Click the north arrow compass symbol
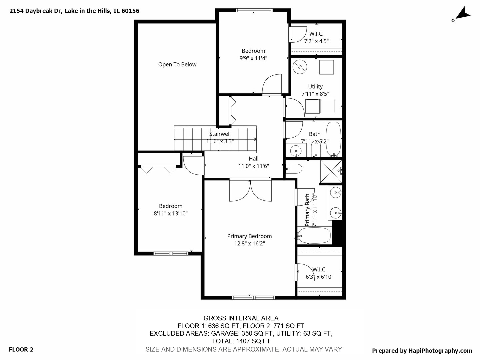click(x=462, y=14)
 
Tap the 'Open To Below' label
click(x=177, y=64)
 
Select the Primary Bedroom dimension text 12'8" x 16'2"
click(x=249, y=244)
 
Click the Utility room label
click(x=315, y=86)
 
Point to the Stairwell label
click(x=220, y=134)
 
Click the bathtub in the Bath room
click(x=333, y=139)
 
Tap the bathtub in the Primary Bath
click(x=314, y=236)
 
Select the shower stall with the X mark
click(x=331, y=171)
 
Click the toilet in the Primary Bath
click(x=294, y=169)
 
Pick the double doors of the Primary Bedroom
click(x=250, y=191)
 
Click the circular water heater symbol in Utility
click(x=300, y=67)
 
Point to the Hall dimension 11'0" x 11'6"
click(x=253, y=166)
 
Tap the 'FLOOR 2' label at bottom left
click(x=21, y=349)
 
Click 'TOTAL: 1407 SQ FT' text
click(x=241, y=341)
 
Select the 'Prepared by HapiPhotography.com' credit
click(x=422, y=350)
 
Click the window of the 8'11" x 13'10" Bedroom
click(x=171, y=254)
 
